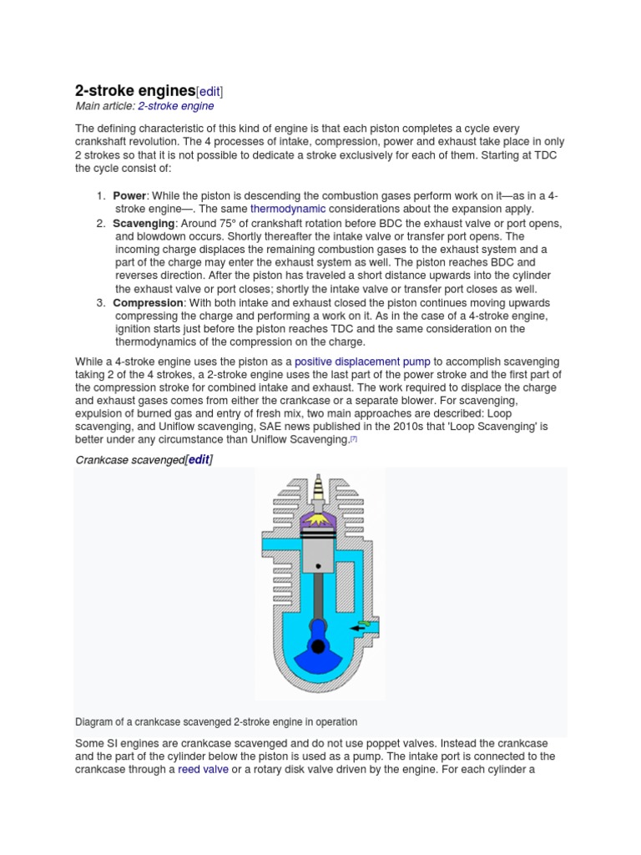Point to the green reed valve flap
tap(364, 618)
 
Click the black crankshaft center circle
tap(317, 645)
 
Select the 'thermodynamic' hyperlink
tap(288, 208)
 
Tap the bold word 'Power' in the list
tap(129, 195)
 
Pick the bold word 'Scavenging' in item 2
tap(144, 224)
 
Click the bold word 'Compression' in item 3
tap(148, 302)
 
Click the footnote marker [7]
tap(354, 438)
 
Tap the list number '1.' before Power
tap(100, 195)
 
